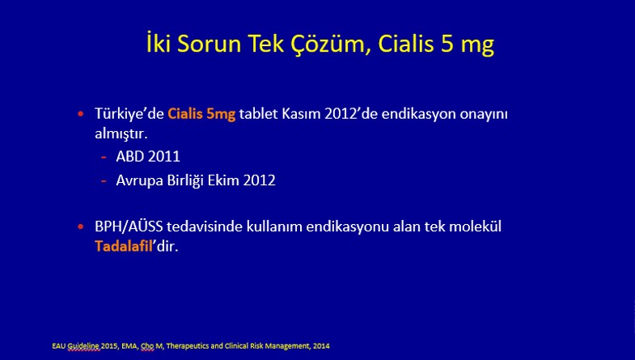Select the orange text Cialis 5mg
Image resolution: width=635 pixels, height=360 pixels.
tap(201, 114)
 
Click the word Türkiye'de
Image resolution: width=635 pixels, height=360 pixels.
tap(129, 114)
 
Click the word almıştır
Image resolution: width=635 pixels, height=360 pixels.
tap(121, 133)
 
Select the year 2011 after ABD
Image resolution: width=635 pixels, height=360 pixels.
tap(164, 157)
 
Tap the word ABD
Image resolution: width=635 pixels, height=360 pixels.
tap(130, 157)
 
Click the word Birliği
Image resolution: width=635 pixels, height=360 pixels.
tap(185, 180)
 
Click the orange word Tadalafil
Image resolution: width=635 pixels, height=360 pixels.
tap(123, 246)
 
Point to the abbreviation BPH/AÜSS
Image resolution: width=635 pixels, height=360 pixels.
tap(129, 227)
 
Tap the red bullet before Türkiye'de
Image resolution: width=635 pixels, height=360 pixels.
tap(81, 114)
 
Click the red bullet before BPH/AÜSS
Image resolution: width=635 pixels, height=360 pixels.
tap(81, 227)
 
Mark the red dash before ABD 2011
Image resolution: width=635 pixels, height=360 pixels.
tap(104, 157)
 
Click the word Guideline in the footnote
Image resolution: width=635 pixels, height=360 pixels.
tap(83, 346)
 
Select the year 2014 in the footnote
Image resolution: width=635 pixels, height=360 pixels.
tap(321, 346)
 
